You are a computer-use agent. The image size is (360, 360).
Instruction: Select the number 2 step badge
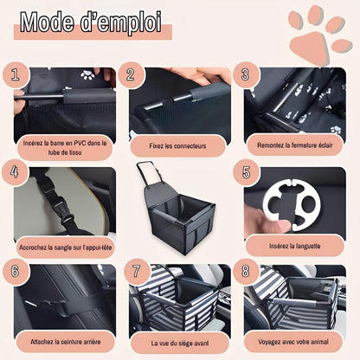coord(131,74)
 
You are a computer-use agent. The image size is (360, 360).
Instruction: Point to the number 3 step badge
coord(246,74)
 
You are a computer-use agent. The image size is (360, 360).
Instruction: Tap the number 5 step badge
coord(246,172)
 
